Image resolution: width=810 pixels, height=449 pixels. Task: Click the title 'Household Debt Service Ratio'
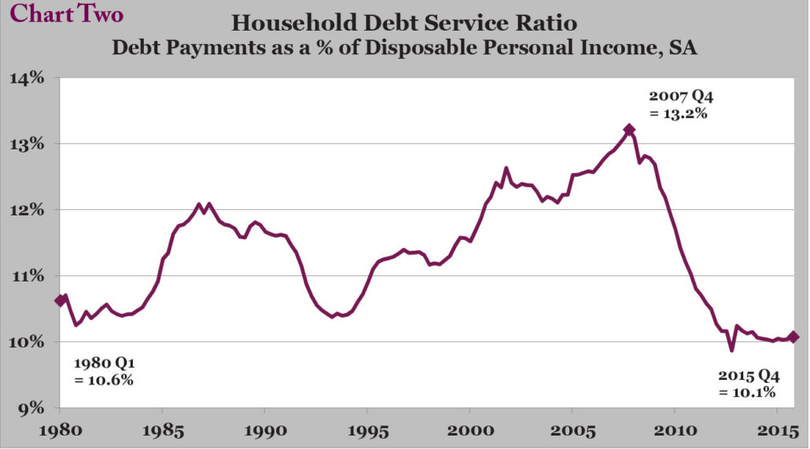(x=404, y=24)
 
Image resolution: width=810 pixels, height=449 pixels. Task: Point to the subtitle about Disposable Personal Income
(x=404, y=47)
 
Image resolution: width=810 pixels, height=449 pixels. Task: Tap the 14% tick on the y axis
(x=27, y=78)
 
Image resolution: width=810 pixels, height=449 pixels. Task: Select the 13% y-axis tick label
(x=27, y=144)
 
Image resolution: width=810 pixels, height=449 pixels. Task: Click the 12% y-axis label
(x=27, y=210)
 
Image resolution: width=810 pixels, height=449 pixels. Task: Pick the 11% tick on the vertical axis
(x=27, y=276)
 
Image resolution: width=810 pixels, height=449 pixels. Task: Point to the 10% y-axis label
(x=27, y=342)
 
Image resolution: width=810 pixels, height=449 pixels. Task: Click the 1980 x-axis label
(x=61, y=430)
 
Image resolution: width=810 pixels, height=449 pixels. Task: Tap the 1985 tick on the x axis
(x=163, y=430)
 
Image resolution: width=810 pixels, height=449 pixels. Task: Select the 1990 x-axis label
(x=265, y=430)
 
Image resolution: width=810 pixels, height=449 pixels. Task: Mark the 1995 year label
(x=367, y=430)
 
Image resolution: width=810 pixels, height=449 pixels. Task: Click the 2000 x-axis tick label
(x=470, y=430)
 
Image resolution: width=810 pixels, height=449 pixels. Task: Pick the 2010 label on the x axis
(x=675, y=430)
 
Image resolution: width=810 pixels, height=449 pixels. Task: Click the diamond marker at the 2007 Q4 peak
(x=628, y=129)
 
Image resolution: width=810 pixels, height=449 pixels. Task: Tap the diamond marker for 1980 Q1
(x=61, y=300)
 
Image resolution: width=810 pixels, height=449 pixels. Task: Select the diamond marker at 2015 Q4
(x=793, y=337)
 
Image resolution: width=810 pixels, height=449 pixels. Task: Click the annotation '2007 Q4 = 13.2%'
(x=681, y=105)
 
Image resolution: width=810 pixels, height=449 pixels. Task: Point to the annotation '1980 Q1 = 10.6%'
(x=104, y=371)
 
